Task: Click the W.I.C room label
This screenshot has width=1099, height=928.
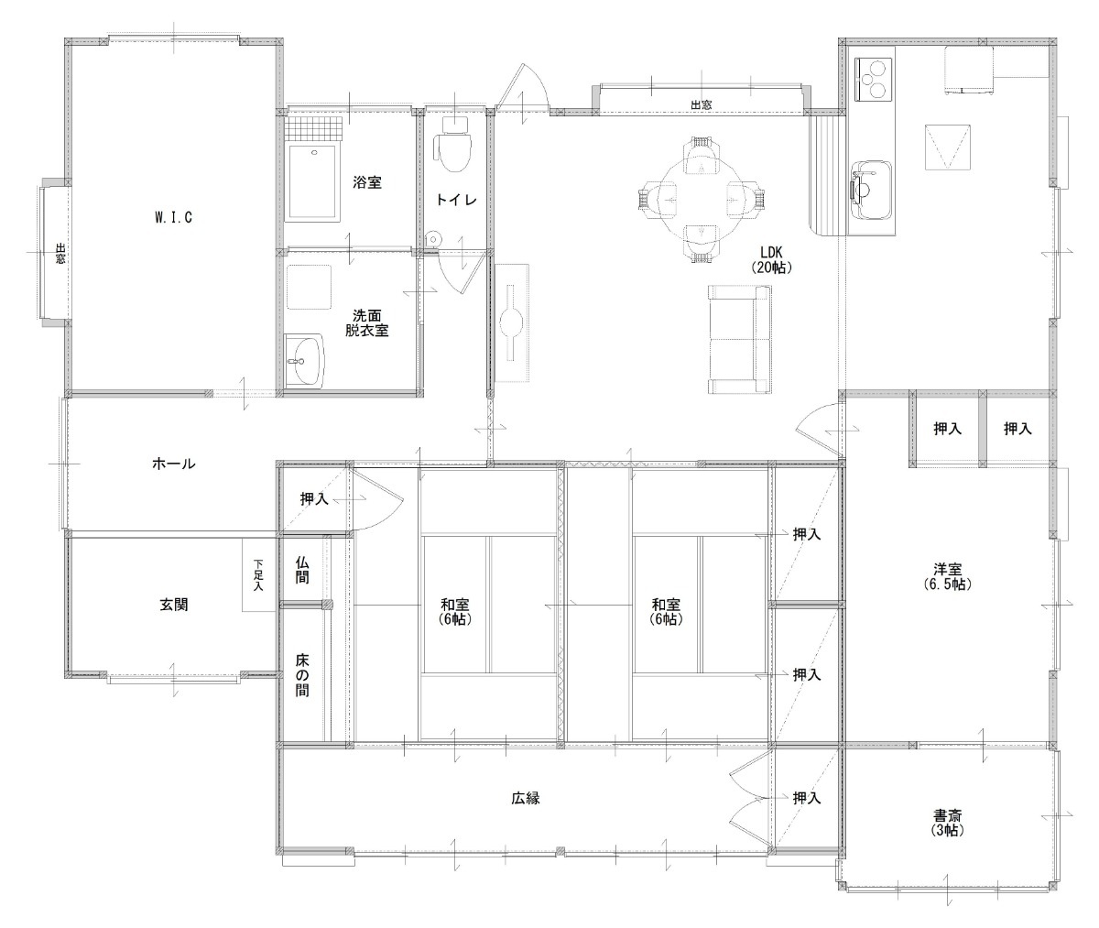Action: [x=174, y=217]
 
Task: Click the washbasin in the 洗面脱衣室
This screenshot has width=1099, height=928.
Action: [x=304, y=361]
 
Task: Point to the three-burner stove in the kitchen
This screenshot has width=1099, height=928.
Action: [x=873, y=80]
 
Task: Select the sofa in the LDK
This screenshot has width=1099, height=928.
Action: [x=739, y=339]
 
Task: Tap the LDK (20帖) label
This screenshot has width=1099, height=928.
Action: [x=771, y=260]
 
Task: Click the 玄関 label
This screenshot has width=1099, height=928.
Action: [x=174, y=604]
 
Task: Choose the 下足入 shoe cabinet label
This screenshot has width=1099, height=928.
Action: [x=258, y=574]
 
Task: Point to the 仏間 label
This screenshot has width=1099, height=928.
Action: [x=301, y=571]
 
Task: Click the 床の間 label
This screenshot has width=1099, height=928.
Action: [x=301, y=675]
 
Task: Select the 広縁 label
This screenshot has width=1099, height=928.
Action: [x=526, y=799]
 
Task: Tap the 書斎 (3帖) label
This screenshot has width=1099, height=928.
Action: [x=947, y=824]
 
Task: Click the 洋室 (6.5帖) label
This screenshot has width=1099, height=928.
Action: [x=947, y=577]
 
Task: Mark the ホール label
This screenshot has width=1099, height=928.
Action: [x=174, y=464]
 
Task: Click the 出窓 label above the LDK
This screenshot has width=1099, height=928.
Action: [x=702, y=104]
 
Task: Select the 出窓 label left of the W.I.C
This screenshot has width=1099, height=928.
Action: [x=60, y=253]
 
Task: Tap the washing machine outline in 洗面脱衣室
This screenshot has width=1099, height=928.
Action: [x=309, y=287]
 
